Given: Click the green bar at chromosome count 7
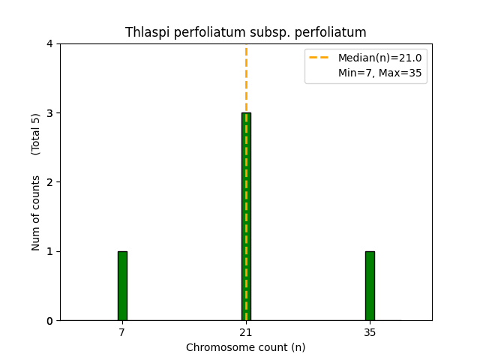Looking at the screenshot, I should click(x=122, y=286).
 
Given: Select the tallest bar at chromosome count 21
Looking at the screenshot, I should click(x=246, y=217).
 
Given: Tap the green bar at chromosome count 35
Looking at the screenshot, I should click(x=370, y=286).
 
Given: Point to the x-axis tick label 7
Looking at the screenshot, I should click(x=122, y=331).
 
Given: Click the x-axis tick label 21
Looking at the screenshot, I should click(x=246, y=331).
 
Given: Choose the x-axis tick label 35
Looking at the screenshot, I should click(x=370, y=331).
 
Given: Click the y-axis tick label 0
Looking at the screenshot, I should click(x=49, y=321).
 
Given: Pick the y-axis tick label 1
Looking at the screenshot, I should click(x=49, y=251).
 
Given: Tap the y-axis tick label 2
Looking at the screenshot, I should click(x=49, y=182).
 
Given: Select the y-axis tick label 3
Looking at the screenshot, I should click(x=49, y=113).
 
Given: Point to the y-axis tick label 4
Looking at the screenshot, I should click(x=49, y=44).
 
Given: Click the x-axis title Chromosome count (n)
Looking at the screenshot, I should click(x=246, y=347).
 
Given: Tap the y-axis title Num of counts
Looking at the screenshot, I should click(x=36, y=212).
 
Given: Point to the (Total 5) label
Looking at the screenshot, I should click(x=36, y=134).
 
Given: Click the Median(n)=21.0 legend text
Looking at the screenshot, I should click(x=379, y=58).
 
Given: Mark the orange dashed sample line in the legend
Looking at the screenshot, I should click(x=320, y=58).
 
